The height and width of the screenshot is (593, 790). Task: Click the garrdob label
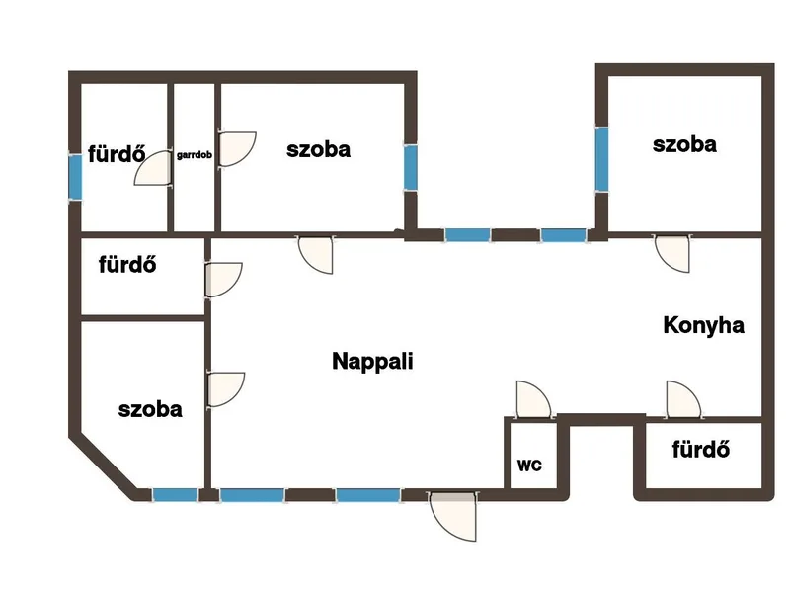195,155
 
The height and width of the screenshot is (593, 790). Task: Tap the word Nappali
372,361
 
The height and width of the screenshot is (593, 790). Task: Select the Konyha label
703,325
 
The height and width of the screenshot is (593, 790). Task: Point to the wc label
529,465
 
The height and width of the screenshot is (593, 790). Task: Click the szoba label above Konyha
684,144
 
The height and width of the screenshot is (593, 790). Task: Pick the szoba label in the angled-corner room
150,409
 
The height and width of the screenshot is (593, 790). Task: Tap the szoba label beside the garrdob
318,150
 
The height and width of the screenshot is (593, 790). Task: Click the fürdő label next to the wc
700,449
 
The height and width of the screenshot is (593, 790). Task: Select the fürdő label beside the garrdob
117,153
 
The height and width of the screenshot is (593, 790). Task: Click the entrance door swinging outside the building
452,516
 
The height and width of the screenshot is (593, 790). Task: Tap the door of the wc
533,400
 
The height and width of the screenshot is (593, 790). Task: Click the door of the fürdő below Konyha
683,400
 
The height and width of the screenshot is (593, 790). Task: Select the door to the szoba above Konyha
672,253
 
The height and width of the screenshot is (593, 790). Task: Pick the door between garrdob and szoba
237,149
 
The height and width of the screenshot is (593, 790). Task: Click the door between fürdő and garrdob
153,168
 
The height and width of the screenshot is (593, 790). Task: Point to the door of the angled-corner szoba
226,389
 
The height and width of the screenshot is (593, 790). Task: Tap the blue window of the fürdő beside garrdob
75,177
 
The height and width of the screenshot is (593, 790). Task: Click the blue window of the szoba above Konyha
601,159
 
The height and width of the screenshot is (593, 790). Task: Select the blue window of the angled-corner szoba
176,495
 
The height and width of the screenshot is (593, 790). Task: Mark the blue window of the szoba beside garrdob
411,168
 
